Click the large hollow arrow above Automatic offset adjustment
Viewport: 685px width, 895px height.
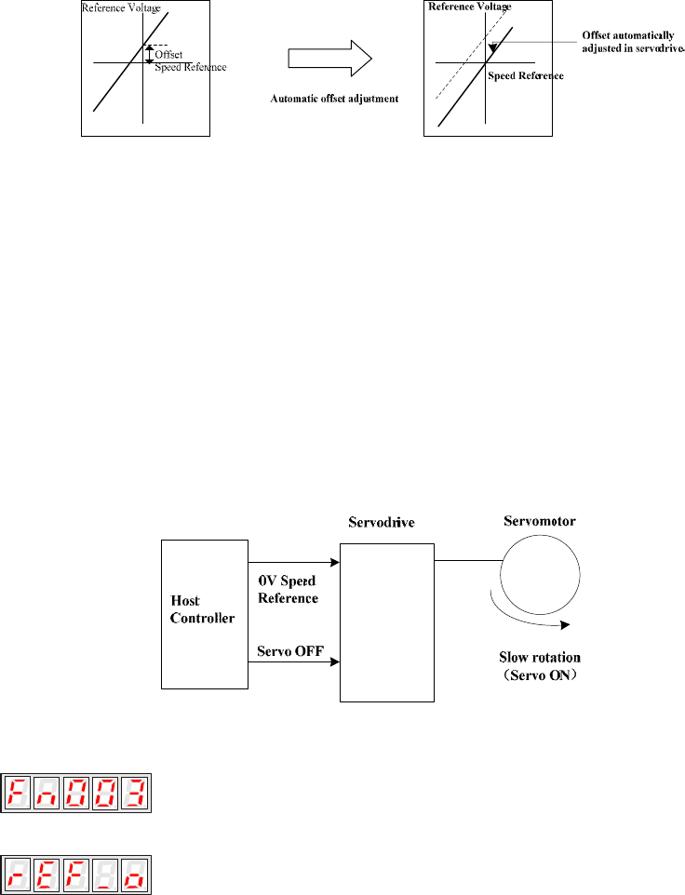point(329,59)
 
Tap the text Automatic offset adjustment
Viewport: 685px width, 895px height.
point(334,97)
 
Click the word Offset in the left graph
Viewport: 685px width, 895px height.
point(168,55)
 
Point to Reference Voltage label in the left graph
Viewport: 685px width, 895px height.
point(121,8)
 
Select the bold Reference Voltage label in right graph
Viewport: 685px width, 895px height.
point(469,7)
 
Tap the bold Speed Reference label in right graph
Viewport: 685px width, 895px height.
point(526,76)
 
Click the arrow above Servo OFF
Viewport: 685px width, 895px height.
point(296,663)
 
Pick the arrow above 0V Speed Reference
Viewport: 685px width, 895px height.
point(296,563)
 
